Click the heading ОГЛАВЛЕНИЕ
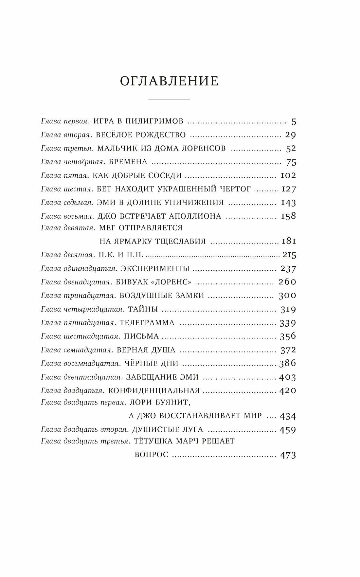click(169, 81)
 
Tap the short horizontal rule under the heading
click(169, 99)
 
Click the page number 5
click(294, 122)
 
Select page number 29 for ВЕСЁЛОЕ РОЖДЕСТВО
click(290, 135)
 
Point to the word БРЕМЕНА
click(128, 162)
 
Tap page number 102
click(288, 175)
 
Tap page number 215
click(290, 255)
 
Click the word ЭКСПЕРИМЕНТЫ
click(155, 269)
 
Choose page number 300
click(287, 296)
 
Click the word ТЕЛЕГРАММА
click(147, 323)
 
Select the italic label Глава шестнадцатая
click(80, 336)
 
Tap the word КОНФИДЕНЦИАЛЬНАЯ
click(154, 391)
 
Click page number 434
click(288, 416)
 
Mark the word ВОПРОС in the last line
click(152, 455)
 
